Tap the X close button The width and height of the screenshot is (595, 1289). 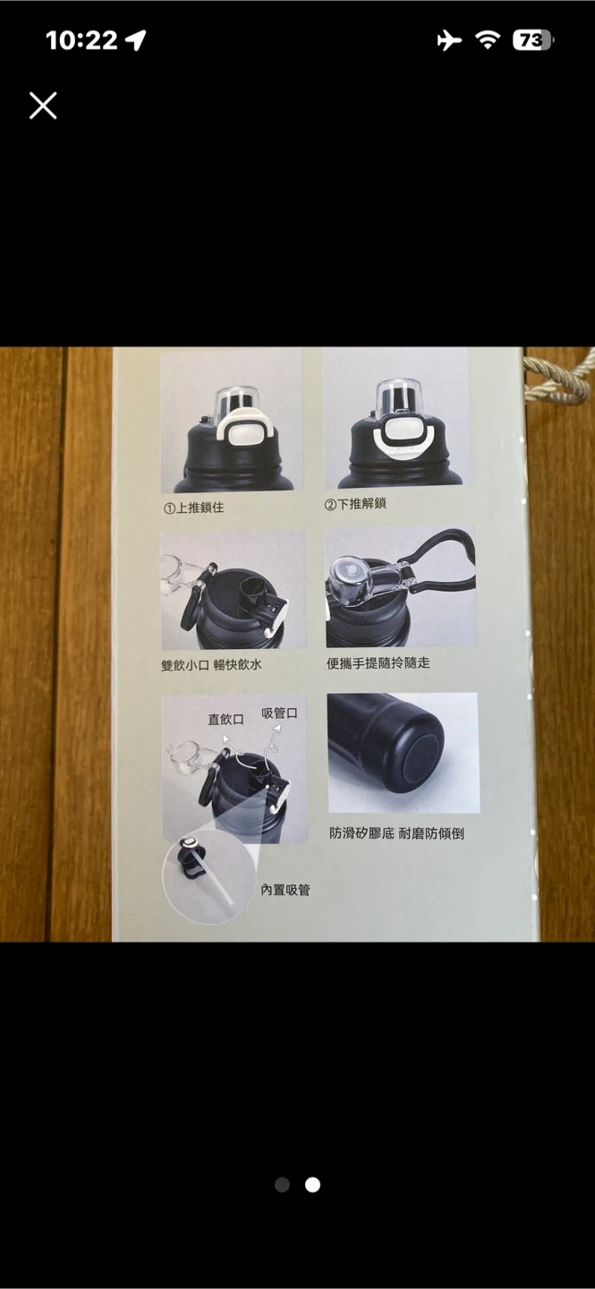(43, 106)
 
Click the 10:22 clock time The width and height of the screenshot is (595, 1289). (81, 40)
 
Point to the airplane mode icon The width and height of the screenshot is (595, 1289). (449, 40)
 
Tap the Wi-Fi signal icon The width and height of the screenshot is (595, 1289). (488, 39)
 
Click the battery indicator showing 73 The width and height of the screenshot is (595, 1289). (533, 40)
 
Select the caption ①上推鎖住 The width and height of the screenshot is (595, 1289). (194, 508)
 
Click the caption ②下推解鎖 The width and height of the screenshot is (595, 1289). (355, 504)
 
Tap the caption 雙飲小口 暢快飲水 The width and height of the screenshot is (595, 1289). (211, 664)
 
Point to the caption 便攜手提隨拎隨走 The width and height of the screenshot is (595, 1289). (378, 663)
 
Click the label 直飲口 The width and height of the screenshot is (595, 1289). (225, 720)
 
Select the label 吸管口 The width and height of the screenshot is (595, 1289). (279, 713)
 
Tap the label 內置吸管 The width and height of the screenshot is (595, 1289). (285, 890)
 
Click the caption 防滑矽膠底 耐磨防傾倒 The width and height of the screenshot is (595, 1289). (396, 833)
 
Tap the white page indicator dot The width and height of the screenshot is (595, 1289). (312, 1184)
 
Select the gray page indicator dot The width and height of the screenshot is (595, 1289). (282, 1184)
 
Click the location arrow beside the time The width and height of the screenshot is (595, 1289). (136, 40)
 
